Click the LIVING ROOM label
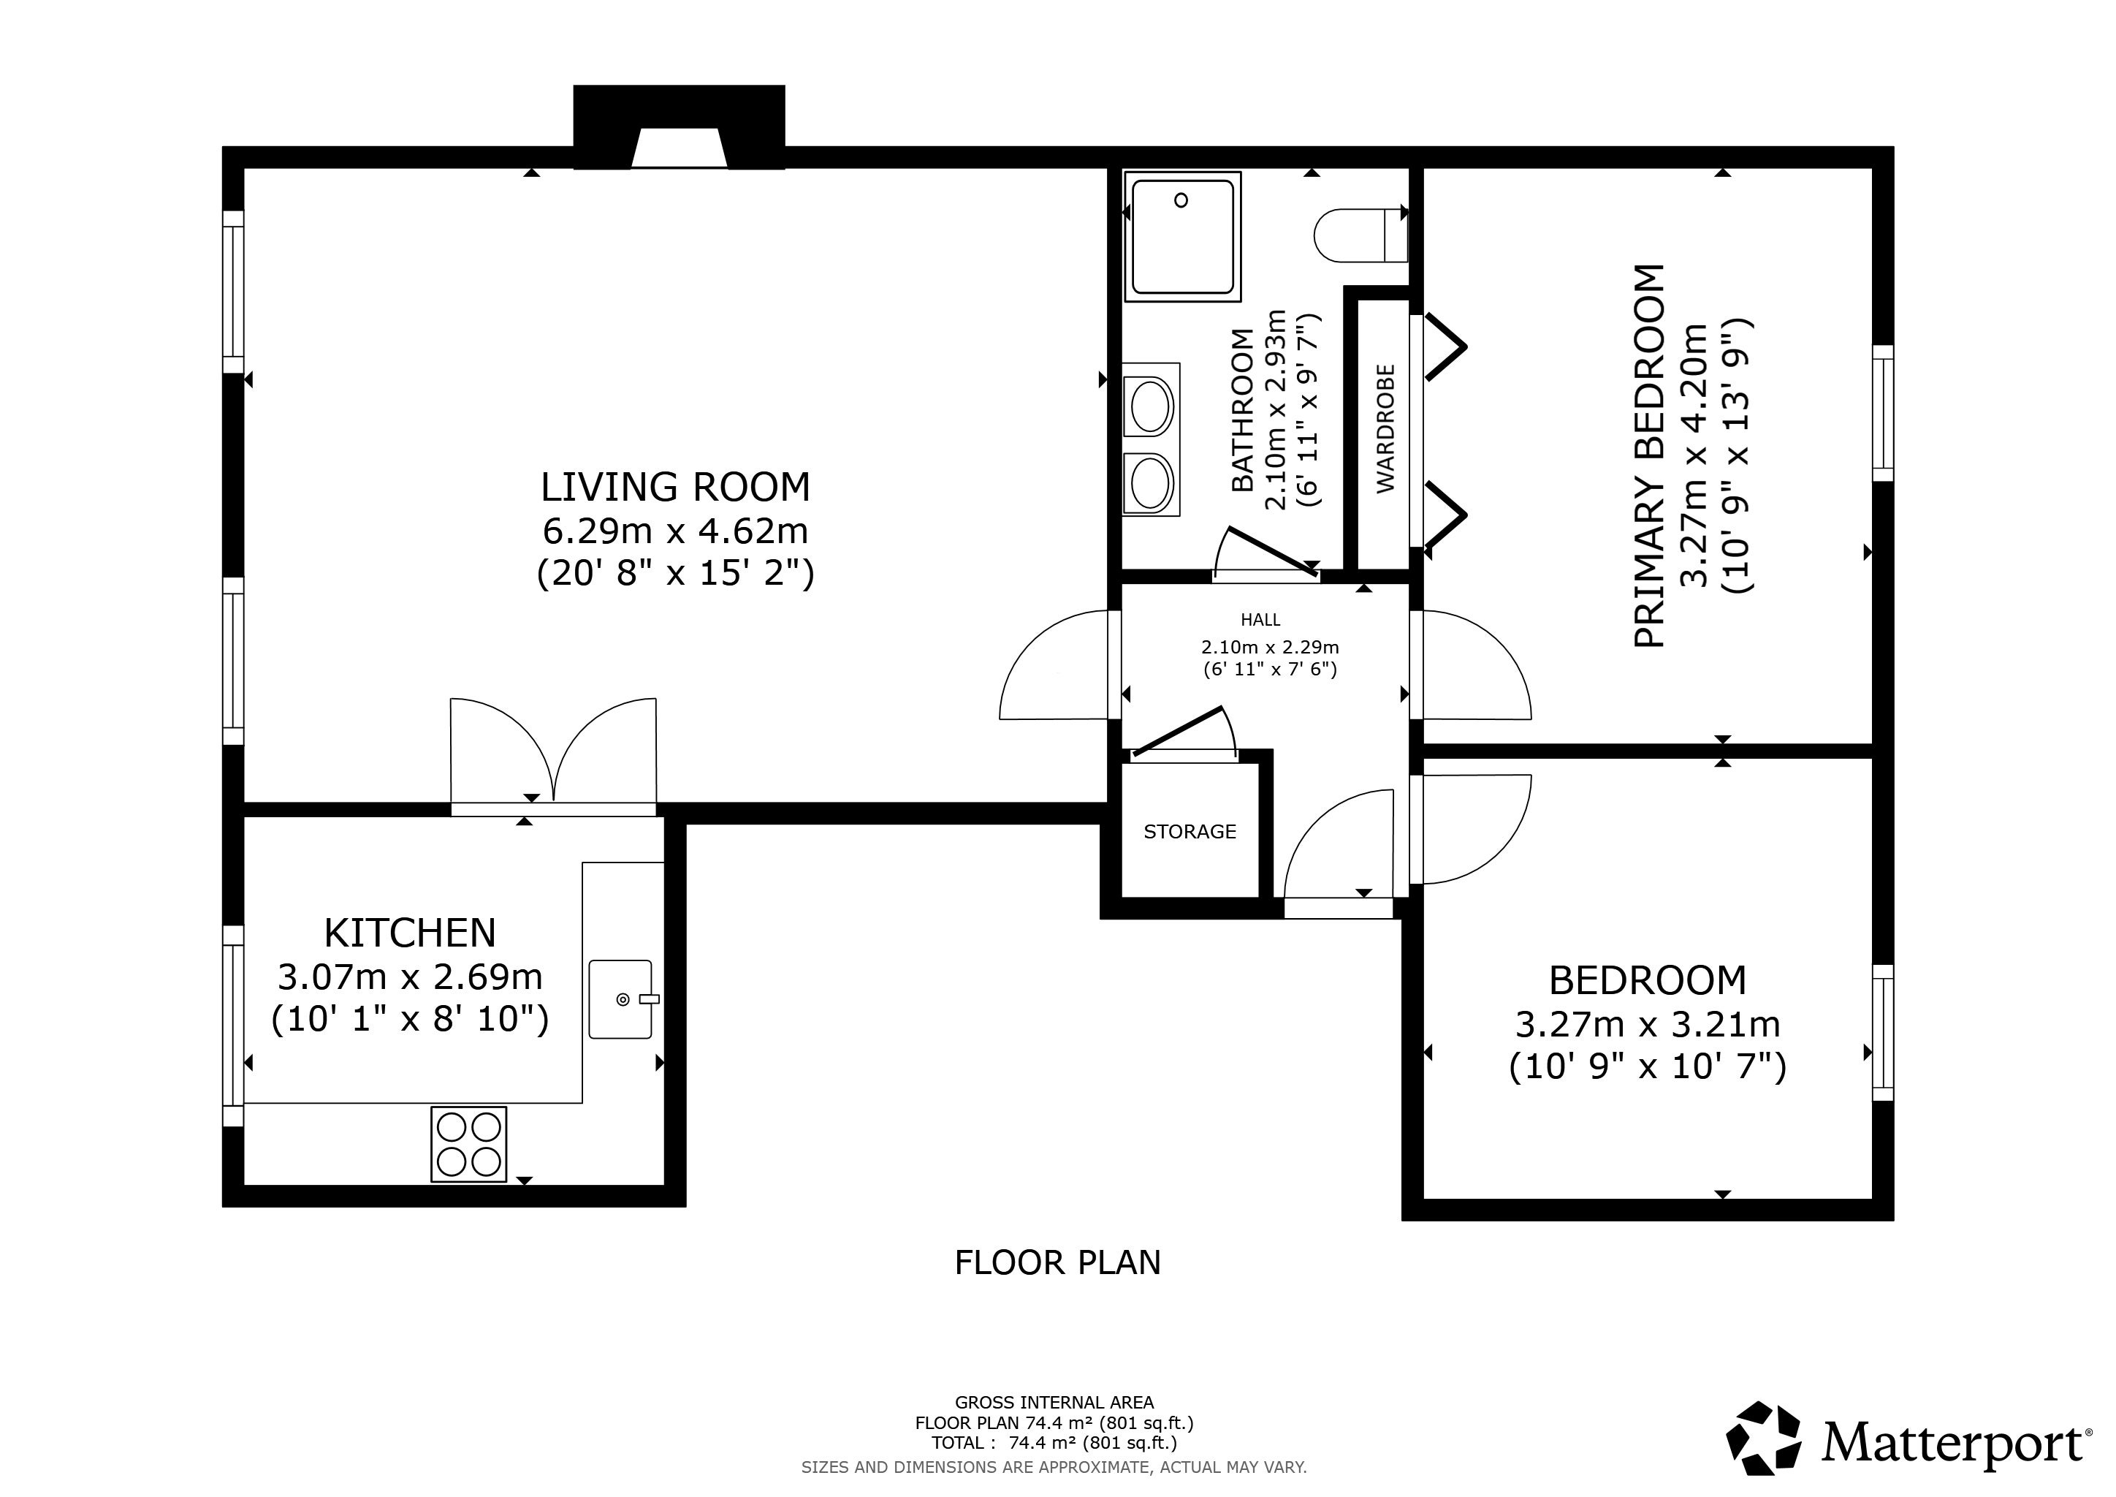(676, 487)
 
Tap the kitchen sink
(620, 999)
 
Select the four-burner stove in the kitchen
(469, 1144)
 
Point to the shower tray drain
(1181, 200)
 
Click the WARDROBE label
(1385, 428)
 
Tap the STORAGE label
(1190, 831)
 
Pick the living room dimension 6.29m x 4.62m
(676, 531)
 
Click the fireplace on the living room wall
(680, 127)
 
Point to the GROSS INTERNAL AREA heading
(1054, 1402)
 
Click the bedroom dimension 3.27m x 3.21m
(1648, 1024)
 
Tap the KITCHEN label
(410, 933)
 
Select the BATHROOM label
(1244, 410)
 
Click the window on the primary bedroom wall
(1882, 413)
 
